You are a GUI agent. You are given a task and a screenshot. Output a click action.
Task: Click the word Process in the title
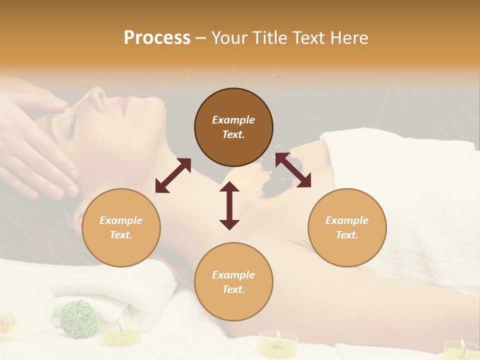pos(157,38)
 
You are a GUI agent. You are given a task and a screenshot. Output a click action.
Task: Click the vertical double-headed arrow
pos(229,205)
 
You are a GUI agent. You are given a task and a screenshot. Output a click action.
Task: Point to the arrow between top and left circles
pos(173,175)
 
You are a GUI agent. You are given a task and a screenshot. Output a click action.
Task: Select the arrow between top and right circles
pos(293,170)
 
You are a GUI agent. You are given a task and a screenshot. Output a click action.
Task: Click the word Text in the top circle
pos(233,134)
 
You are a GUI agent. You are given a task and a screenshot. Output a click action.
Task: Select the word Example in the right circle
pos(347,220)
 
